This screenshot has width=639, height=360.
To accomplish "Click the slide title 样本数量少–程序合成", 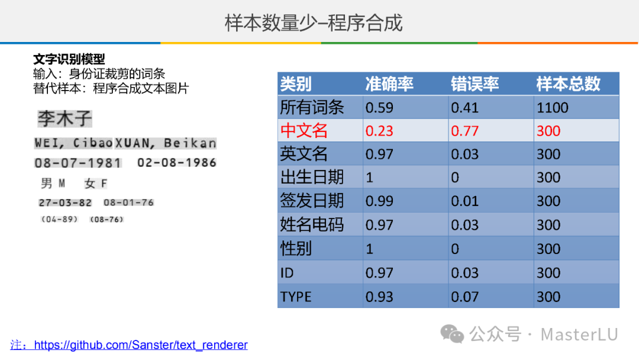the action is (x=314, y=22).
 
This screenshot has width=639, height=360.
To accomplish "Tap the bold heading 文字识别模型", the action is (x=69, y=59).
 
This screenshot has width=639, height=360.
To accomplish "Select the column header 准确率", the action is (x=389, y=84).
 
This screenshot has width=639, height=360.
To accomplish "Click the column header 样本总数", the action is (x=568, y=84).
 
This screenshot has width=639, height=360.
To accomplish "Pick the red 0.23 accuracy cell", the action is (x=379, y=131).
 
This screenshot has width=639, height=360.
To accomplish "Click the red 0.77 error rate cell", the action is (x=464, y=131).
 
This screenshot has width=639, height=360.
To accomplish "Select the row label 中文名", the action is (x=304, y=131).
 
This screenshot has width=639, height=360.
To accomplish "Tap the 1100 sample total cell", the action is (x=552, y=108).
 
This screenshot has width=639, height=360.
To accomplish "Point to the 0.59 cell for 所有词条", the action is (x=379, y=108).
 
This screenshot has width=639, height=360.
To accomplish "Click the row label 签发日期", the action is (x=312, y=201).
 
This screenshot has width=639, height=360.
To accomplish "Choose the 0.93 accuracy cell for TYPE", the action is (x=379, y=297).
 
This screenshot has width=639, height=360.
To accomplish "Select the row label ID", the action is (x=287, y=273).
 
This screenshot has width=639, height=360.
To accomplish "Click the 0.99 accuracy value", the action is (x=379, y=201).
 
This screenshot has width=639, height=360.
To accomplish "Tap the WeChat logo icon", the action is (x=452, y=335).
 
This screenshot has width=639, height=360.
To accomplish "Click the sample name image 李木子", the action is (x=65, y=118).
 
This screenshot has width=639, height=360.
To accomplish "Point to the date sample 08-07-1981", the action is (x=78, y=163).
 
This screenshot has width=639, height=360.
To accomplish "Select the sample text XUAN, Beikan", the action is (x=166, y=143).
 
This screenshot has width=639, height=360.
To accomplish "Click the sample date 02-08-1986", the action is (x=176, y=163).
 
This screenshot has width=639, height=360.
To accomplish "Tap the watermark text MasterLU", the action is (x=579, y=335).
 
